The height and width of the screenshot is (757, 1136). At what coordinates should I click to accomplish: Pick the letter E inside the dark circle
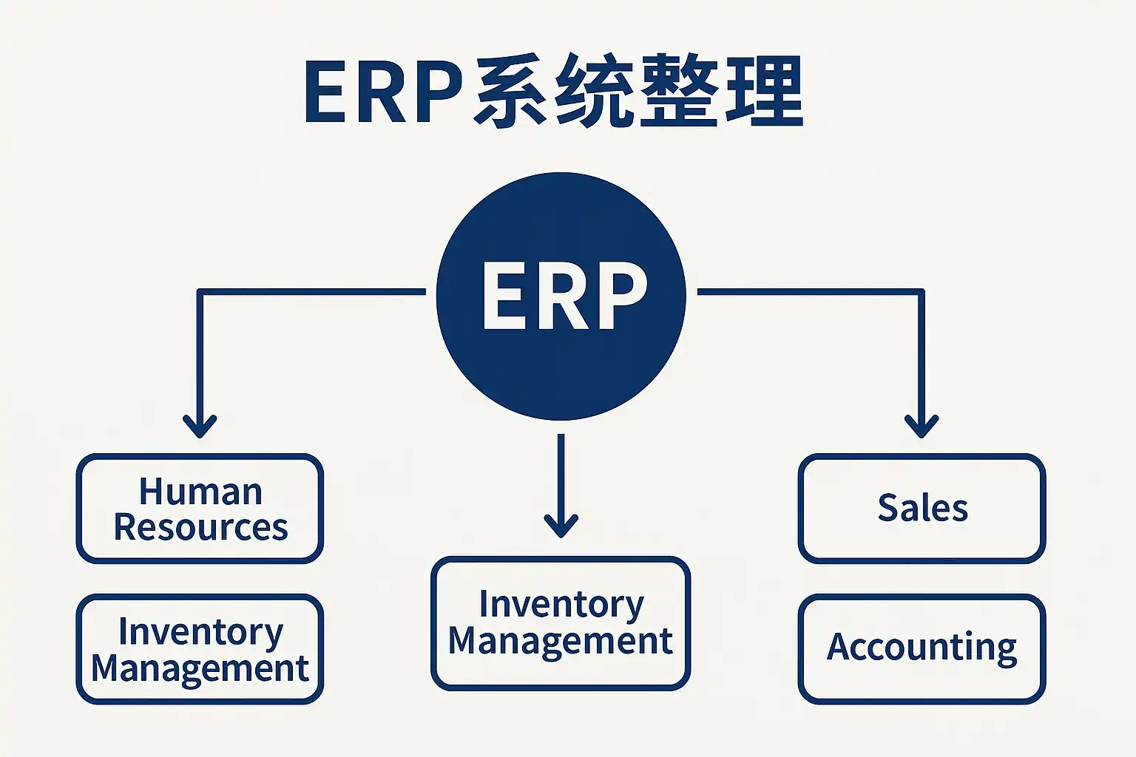pos(504,296)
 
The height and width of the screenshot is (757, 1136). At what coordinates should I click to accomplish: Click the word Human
pos(200,492)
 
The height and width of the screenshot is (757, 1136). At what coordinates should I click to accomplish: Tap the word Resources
pos(200,527)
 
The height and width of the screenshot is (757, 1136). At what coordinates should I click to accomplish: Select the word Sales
pos(922,508)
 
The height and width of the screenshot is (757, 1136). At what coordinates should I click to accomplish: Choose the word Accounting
pos(922,648)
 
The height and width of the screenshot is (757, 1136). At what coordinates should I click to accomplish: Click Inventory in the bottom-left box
pos(200,632)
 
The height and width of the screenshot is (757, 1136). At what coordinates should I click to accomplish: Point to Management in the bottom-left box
pos(200,668)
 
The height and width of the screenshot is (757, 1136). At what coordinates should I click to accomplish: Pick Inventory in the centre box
pos(561,605)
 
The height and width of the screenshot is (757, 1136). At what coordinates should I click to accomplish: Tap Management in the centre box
pos(561,640)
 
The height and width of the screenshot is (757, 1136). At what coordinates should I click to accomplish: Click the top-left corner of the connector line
pos(200,292)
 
